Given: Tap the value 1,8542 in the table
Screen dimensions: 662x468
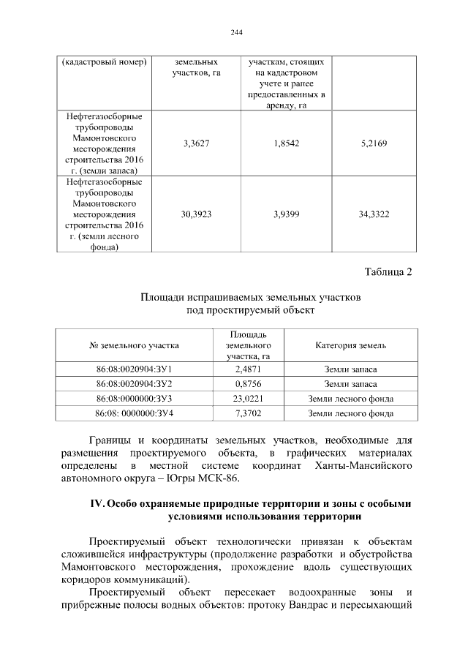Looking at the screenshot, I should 286,144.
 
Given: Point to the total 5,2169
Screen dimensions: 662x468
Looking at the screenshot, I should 374,144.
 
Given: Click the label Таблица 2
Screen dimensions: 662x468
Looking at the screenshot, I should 388,273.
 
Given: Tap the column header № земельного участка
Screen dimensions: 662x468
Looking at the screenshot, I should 134,345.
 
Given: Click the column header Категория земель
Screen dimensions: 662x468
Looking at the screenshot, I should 350,345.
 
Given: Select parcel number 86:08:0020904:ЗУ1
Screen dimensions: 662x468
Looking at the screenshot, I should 134,369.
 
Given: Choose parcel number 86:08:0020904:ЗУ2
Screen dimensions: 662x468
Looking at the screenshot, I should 134,384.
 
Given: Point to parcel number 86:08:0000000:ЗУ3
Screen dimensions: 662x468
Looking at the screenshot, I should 134,399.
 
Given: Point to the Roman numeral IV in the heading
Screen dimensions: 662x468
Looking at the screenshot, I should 96,504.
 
